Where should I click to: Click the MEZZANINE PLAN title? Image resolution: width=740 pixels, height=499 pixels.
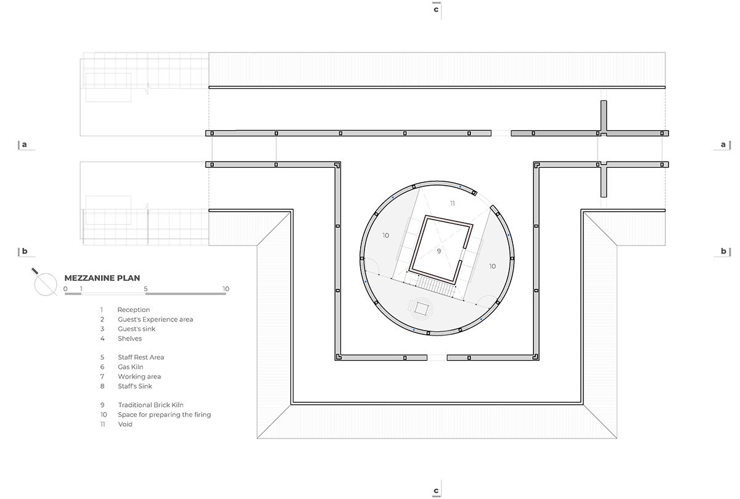tap(102, 278)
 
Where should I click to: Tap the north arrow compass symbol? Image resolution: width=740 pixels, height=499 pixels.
tap(45, 283)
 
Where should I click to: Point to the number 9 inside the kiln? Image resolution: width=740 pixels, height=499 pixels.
tap(438, 251)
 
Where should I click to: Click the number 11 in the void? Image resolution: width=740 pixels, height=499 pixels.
tap(452, 203)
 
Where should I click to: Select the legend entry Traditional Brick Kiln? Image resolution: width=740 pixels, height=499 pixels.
tap(150, 405)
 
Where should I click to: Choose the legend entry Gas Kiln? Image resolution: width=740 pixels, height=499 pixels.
tap(131, 367)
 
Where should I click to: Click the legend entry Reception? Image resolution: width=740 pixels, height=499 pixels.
tap(133, 310)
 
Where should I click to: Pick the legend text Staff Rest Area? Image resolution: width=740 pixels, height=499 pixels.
tap(141, 357)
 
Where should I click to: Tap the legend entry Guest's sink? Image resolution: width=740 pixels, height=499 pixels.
tap(136, 329)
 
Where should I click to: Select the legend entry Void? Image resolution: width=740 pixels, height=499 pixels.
tap(125, 424)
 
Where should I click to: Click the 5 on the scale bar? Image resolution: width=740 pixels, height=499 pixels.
tap(146, 289)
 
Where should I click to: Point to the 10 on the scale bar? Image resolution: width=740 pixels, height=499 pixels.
tap(226, 289)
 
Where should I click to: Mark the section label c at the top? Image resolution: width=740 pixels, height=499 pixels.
tap(436, 9)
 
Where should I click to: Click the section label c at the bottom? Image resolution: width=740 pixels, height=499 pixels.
tap(436, 490)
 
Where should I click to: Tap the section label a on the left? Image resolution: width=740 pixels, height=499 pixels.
tap(24, 144)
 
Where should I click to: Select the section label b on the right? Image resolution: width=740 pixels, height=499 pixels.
tap(723, 251)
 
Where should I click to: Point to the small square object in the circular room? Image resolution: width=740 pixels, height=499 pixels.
tap(421, 309)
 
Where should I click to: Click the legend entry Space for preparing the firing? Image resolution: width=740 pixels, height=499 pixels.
tap(164, 414)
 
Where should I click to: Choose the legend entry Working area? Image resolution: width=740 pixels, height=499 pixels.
tap(139, 376)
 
